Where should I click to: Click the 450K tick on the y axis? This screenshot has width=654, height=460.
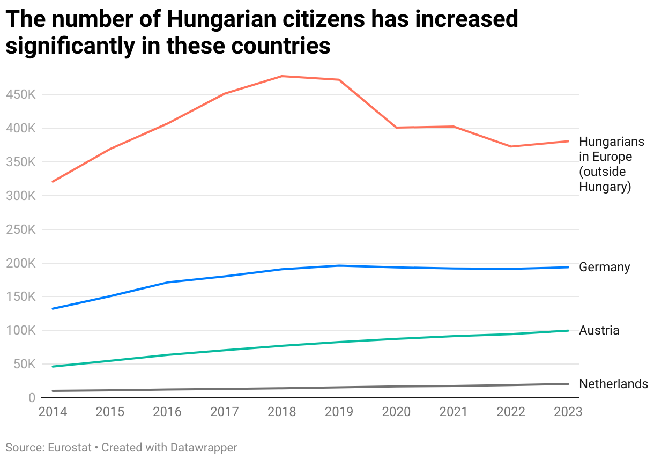pos(20,95)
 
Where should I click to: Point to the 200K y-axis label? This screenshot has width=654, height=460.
pos(20,263)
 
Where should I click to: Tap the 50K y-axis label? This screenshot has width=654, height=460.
pos(24,365)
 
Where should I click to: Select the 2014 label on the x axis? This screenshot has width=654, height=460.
pos(53,412)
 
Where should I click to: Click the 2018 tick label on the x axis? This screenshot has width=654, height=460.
pos(282,412)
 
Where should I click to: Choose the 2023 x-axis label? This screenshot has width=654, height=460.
pos(567,412)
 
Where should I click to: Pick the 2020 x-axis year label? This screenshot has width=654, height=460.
pos(396,412)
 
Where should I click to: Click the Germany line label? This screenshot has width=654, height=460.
pos(604,267)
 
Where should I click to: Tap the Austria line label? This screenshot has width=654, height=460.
pos(599,330)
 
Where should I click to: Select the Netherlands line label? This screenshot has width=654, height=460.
pos(613,384)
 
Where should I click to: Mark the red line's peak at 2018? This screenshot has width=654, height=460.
pos(282,76)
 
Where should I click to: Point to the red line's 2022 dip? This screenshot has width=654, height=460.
pos(511,146)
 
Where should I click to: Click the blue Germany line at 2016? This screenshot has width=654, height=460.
pos(167,282)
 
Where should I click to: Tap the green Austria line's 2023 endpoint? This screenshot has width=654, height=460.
pos(568,330)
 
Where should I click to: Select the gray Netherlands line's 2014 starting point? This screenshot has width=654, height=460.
pos(53,391)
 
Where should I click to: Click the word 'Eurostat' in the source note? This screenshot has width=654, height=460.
pos(70,447)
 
